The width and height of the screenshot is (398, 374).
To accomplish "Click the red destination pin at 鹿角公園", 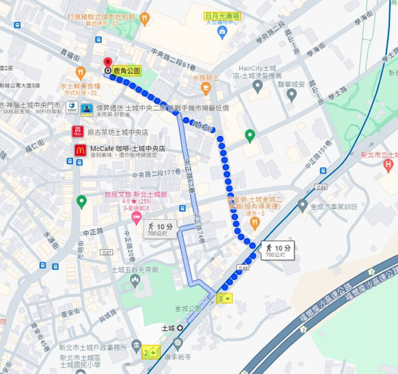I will (108, 62).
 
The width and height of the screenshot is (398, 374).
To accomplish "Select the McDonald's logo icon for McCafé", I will (80, 150).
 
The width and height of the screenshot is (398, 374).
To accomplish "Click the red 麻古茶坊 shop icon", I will (77, 132).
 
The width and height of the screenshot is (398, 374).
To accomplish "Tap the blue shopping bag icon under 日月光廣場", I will (222, 33).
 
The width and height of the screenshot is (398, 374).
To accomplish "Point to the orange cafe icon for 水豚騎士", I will (206, 89).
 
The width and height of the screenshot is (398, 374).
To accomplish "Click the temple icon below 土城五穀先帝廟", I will (135, 281).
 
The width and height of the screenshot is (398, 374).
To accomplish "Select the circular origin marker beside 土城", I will (180, 328).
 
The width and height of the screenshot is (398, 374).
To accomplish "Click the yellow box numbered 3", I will (224, 298).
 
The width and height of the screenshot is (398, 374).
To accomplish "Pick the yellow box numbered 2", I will (151, 353).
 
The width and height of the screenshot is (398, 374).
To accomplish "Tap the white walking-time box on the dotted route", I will (277, 250).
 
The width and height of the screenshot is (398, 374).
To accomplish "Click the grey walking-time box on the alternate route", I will (161, 229).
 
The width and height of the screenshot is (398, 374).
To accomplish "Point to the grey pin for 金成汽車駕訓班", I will (303, 205).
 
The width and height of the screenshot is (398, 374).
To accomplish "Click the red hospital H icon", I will (388, 166).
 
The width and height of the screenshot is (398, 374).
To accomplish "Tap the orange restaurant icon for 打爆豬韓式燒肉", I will (145, 20).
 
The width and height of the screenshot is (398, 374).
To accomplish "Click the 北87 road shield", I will (107, 252).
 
